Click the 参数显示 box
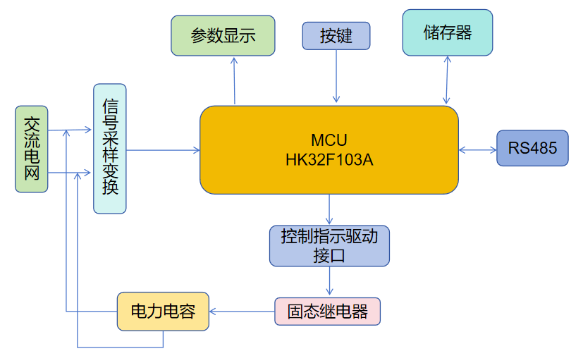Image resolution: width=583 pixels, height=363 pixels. coord(223,36)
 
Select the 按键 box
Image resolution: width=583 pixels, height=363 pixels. coord(336,36)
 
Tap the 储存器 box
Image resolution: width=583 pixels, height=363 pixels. coord(448,32)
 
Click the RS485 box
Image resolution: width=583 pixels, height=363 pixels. coord(532,148)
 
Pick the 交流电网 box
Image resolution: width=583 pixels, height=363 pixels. coord(32,149)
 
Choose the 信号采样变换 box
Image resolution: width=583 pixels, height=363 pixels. coord(110,148)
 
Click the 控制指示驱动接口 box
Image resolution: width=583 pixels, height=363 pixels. coord(329,245)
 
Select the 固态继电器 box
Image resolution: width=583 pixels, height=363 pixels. coord(327,312)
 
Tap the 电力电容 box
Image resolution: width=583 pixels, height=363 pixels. coord(163,312)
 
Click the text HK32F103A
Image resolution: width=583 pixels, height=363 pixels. coord(329,160)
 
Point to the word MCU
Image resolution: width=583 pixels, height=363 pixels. coord(329,140)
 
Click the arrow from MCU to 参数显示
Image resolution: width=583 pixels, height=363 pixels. coord(234,80)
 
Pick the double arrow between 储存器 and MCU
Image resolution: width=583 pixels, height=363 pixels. coord(446,80)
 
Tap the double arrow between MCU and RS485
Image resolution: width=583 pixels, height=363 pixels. coord(478,149)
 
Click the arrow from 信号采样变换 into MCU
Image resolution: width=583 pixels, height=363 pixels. coord(163,149)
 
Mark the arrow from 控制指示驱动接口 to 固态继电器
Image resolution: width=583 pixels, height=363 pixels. coord(329,281)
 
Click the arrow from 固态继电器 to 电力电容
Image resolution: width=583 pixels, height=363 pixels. coord(242,311)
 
